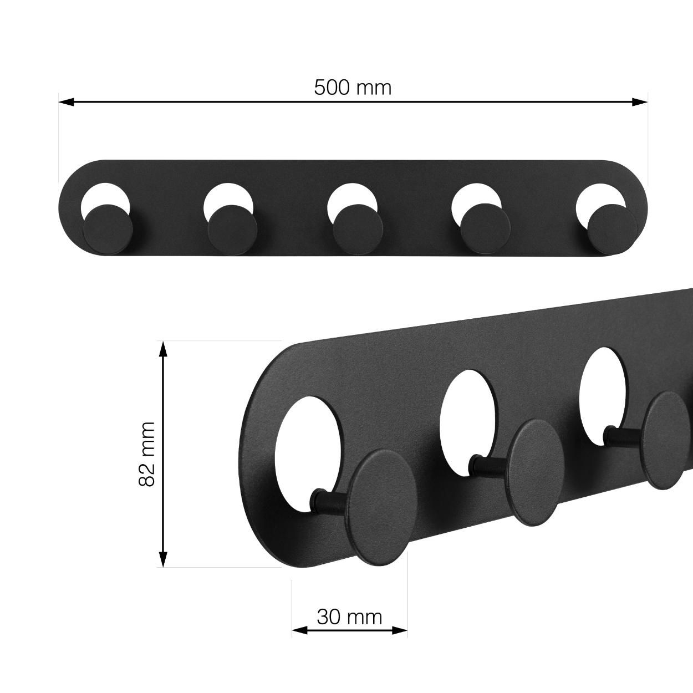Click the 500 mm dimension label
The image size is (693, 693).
(x=353, y=88)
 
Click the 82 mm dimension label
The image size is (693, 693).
(x=147, y=453)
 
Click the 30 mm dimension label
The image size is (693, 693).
(x=349, y=616)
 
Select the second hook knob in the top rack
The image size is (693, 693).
(x=232, y=229)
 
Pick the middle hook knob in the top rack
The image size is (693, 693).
(x=357, y=229)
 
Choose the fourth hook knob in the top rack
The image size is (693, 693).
(x=485, y=228)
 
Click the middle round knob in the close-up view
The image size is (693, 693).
(x=535, y=472)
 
